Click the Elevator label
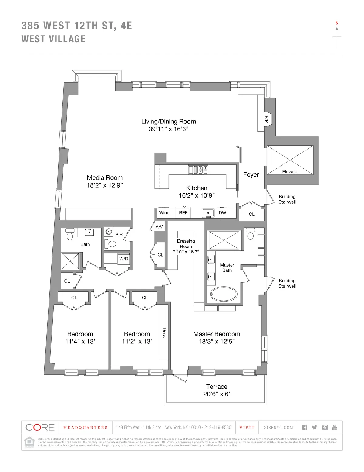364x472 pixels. point(290,172)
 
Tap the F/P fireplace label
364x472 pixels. point(266,119)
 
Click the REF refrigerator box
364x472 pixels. point(183,213)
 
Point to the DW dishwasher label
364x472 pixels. point(222,213)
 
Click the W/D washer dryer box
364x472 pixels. point(123,259)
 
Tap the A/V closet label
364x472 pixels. point(159,227)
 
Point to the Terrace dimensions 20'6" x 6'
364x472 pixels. point(217,394)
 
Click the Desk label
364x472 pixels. point(164,332)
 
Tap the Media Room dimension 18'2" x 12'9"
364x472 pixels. point(105,185)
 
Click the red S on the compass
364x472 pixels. point(337,23)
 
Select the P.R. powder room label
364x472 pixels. point(119,235)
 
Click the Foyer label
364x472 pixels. point(251,175)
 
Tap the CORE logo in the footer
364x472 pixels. point(40,427)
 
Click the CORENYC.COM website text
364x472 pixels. point(278,428)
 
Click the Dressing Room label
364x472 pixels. point(186,244)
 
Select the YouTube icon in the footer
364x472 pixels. point(335,427)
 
